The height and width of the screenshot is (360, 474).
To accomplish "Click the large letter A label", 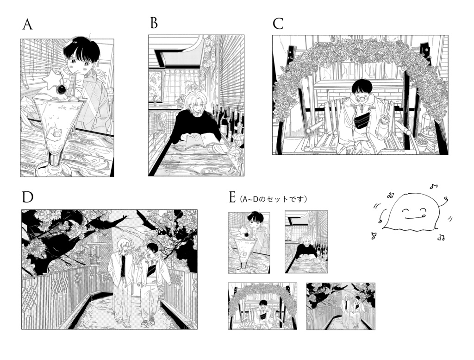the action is point(27,25).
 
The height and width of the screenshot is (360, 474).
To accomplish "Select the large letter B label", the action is point(154,23).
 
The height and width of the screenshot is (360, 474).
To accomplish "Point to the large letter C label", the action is point(278,24).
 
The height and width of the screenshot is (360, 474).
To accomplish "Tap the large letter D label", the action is point(27,197).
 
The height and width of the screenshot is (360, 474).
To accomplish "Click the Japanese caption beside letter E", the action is point(272,199).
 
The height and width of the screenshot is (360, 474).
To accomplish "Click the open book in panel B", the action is point(199,142).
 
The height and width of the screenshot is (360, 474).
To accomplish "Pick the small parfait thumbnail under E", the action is point(249,243).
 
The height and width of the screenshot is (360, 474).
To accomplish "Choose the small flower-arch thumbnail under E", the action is point(262,306).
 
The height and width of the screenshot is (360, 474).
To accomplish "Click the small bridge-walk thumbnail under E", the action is point(341,306).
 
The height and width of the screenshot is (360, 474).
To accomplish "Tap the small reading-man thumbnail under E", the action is point(306,242).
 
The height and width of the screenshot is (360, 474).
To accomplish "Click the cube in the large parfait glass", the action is point(57,133).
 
